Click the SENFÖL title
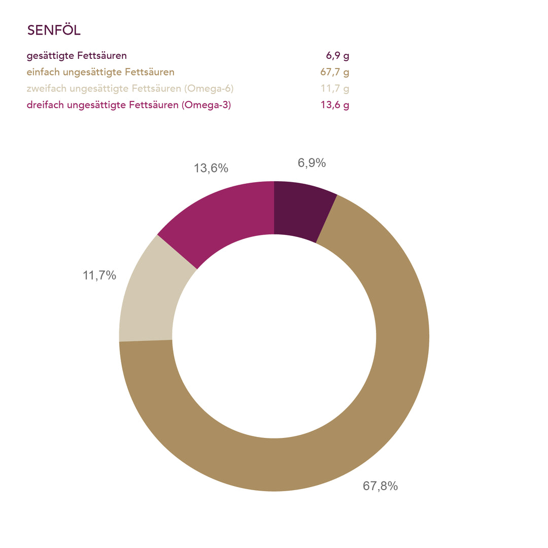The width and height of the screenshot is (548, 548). point(54,30)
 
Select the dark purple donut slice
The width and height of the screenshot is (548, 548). point(302,211)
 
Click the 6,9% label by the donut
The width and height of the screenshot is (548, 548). point(312,163)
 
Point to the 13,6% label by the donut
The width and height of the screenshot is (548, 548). point(211,168)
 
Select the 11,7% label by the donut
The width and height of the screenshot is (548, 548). point(99,276)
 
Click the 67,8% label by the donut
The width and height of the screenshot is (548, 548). point(380,486)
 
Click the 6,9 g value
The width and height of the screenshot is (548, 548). point(337,56)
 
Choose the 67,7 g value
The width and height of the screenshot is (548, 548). point(335,72)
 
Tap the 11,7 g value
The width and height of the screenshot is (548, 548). point(335,89)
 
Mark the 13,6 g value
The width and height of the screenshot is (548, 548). point(335,106)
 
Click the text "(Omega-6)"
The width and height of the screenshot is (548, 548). point(209,89)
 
